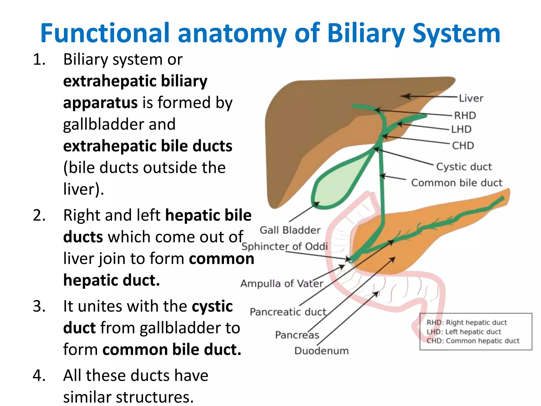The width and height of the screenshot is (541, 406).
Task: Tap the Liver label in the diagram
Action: click(471, 98)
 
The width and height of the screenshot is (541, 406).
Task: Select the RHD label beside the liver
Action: click(465, 116)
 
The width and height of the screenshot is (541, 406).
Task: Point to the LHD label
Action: click(461, 129)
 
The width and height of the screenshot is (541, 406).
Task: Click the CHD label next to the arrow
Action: click(463, 146)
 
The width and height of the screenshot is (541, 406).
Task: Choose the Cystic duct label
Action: click(464, 167)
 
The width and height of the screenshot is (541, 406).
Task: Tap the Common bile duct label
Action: click(457, 183)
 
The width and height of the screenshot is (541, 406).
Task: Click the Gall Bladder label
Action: click(290, 230)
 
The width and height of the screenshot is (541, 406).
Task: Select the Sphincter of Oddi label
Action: click(285, 246)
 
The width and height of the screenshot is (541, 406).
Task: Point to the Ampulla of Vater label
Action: click(282, 284)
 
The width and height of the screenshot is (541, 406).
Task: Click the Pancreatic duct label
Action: click(288, 312)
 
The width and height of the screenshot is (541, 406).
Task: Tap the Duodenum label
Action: click(321, 351)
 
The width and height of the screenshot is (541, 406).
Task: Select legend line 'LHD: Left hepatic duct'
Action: click(464, 332)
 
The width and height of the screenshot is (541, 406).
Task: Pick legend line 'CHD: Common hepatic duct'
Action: click(473, 341)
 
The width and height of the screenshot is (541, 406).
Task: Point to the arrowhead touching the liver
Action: click(405, 96)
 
